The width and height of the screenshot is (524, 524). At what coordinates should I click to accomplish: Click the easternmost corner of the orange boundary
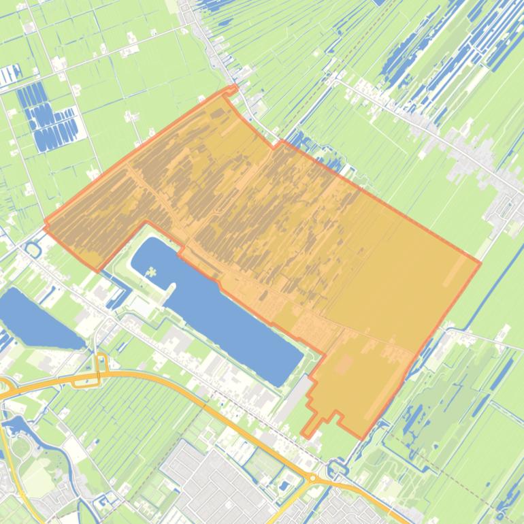click(x=480, y=262)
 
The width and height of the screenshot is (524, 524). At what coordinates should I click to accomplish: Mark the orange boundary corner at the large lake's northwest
click(x=146, y=222)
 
